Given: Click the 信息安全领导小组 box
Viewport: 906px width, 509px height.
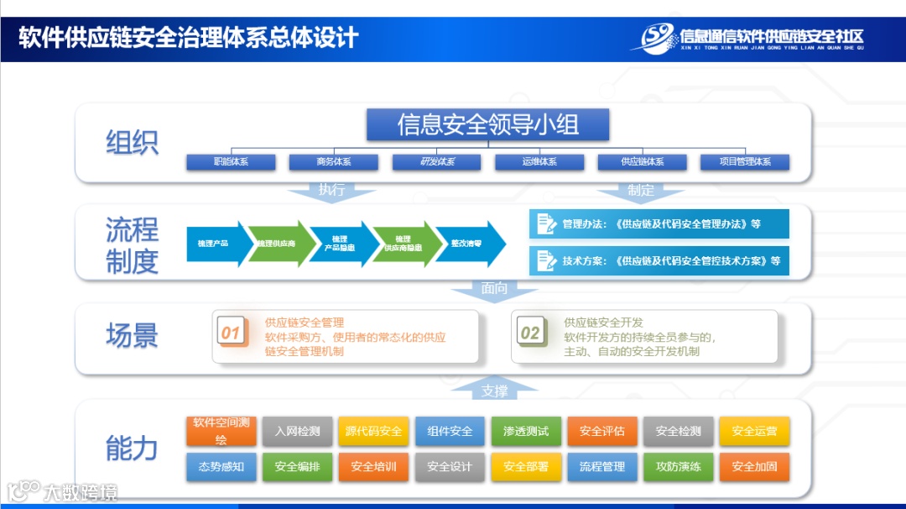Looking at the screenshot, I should [487, 125].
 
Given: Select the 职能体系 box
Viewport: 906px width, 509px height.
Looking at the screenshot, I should [231, 162].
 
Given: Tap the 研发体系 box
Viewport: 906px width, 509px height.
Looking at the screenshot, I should [436, 162].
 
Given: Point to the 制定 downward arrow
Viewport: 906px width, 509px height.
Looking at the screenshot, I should [641, 191].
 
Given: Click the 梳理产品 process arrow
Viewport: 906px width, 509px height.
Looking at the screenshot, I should [215, 244].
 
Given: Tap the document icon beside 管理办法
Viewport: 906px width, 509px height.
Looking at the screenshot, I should [546, 224].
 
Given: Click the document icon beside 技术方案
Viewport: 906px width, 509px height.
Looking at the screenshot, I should [546, 260].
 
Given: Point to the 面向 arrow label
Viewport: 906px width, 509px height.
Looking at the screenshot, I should [494, 289].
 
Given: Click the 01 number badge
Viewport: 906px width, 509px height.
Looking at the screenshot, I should [231, 333].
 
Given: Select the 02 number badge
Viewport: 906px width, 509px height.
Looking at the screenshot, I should [530, 333].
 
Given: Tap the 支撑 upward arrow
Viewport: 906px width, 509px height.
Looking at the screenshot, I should [494, 391].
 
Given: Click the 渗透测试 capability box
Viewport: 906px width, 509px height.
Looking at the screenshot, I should [526, 432].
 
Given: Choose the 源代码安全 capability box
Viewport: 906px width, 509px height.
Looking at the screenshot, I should [373, 432].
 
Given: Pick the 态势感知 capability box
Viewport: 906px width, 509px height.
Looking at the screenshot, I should [221, 467].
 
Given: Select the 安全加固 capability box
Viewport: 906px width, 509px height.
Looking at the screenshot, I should [754, 467].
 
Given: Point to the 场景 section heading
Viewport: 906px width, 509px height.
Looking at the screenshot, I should [132, 336].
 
